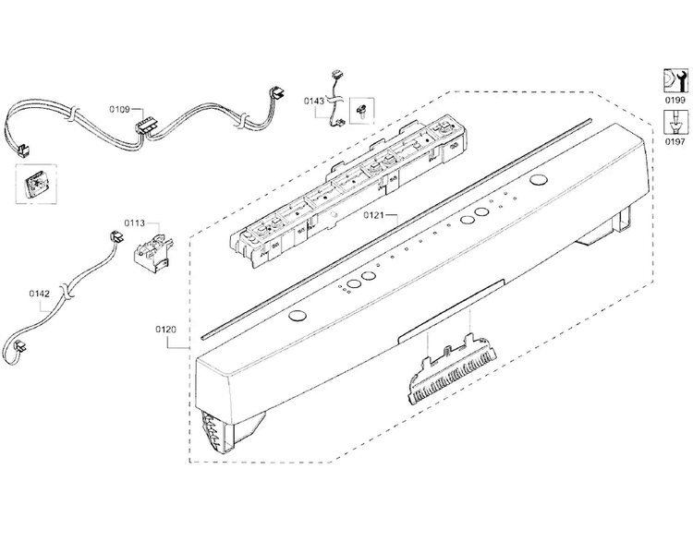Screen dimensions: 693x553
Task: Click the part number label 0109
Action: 119,109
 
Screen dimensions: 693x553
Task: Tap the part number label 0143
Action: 314,102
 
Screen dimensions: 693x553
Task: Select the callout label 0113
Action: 134,223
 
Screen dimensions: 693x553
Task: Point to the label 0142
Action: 40,294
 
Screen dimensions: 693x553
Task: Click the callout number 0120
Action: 165,330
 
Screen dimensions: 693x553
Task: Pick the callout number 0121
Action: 374,215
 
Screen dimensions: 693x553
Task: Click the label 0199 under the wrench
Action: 675,101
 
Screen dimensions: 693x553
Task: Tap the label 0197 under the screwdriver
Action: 675,142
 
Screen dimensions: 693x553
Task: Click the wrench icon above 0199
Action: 675,81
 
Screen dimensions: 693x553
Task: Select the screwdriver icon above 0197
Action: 675,123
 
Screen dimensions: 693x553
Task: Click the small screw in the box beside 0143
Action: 362,111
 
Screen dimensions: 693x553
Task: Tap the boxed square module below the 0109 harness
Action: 36,184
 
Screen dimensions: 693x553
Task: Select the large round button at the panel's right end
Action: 538,180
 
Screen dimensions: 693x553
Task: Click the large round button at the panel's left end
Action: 297,316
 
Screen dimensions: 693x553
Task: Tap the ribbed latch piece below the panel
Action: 452,369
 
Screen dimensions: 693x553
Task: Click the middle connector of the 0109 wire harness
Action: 145,126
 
